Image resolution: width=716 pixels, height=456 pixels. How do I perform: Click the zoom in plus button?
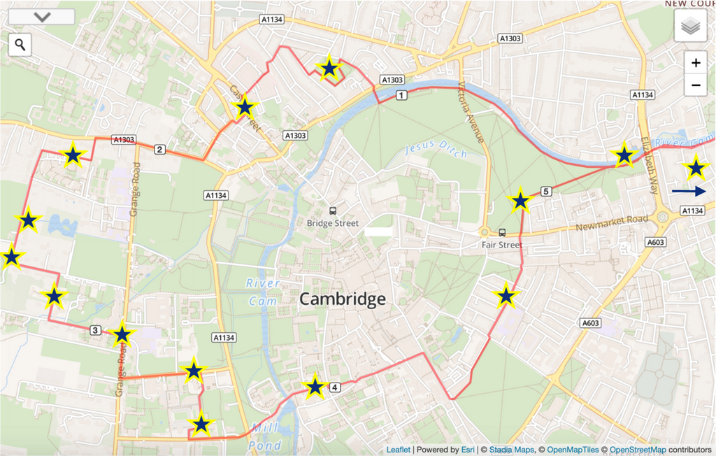[x=696, y=63]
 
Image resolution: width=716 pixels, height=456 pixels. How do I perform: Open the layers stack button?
[x=690, y=26]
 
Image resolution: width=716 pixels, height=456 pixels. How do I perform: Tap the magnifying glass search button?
[x=20, y=45]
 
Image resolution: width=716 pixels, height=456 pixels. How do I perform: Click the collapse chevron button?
[x=42, y=17]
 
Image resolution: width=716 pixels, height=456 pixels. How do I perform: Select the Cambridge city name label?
[x=342, y=299]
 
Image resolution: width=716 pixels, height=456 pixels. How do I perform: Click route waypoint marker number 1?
[x=401, y=94]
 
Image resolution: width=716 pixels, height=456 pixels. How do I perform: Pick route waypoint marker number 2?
[x=159, y=149]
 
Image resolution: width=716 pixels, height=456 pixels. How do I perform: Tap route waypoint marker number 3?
[x=96, y=330]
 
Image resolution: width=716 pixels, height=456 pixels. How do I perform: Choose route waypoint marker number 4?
[x=335, y=387]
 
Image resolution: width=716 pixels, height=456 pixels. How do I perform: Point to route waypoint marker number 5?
[x=546, y=191]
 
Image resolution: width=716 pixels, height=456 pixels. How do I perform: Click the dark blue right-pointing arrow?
[x=689, y=191]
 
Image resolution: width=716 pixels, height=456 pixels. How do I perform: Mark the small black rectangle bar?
[x=378, y=231]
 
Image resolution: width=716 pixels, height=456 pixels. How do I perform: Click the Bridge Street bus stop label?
[x=332, y=223]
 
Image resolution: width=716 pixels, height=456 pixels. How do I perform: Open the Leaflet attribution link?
[x=398, y=450]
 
